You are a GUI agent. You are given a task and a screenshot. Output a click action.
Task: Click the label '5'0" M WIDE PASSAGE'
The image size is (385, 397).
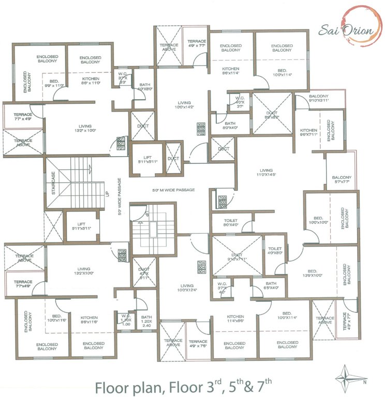click(x=173, y=190)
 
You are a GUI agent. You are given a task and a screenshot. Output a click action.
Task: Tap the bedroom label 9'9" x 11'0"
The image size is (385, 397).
click(x=54, y=83)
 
